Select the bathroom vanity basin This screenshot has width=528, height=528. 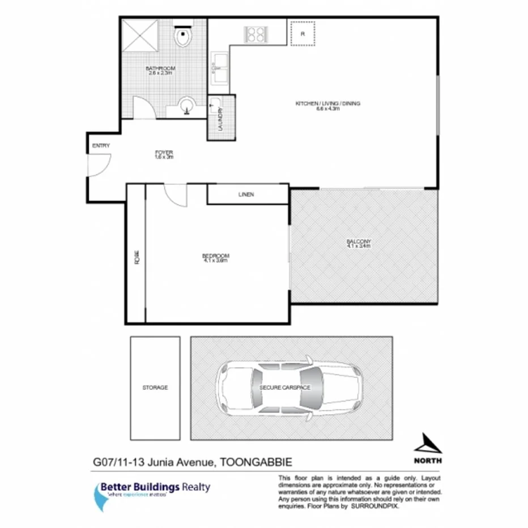186,106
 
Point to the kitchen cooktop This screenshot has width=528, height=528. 255,34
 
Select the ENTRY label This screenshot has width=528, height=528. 101,146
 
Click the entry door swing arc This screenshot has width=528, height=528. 97,164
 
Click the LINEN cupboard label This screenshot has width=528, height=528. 246,194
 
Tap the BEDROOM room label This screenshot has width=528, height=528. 216,257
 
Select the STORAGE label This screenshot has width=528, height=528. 155,388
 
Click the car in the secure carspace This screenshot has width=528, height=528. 289,388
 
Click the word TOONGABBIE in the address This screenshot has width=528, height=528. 256,463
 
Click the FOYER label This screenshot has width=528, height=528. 164,154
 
